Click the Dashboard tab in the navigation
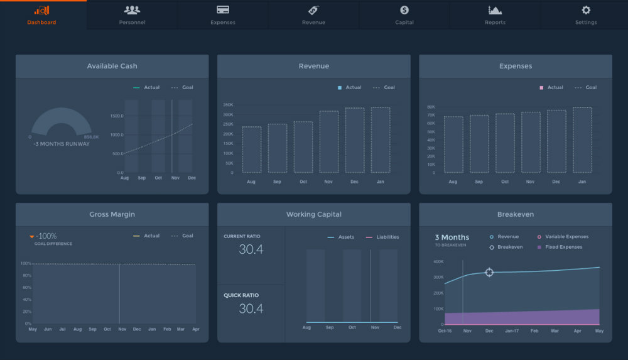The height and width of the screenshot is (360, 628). click(x=41, y=14)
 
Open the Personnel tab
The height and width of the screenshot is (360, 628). click(x=132, y=14)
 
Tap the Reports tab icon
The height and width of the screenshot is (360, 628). click(x=495, y=10)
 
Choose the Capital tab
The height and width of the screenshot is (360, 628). click(x=404, y=14)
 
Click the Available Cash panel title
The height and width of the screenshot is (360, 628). click(x=112, y=66)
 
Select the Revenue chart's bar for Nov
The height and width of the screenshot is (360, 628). click(x=329, y=141)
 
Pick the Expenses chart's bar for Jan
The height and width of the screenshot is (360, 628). click(x=582, y=139)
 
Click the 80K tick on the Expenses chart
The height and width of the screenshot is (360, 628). click(x=431, y=107)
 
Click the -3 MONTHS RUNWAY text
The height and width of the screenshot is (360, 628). click(x=62, y=144)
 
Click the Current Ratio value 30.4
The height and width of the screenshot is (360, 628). click(x=251, y=249)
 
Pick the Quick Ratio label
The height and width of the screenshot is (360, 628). click(x=241, y=295)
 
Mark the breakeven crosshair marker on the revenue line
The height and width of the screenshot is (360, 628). click(x=489, y=272)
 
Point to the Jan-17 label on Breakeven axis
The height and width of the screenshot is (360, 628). click(x=512, y=330)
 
